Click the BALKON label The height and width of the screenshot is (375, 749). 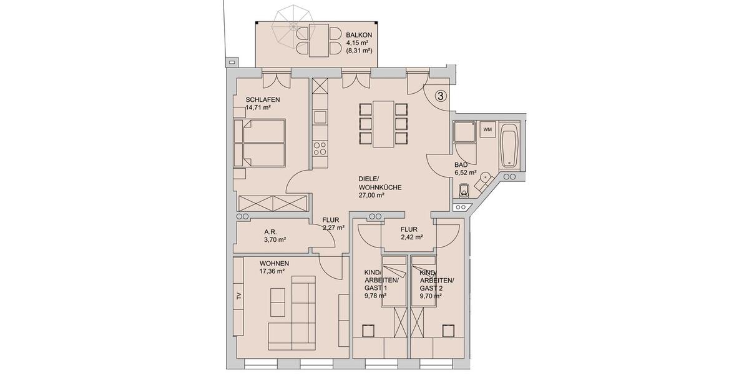point(360,36)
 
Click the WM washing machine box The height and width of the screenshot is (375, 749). point(486,129)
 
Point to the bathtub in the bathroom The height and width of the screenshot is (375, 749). point(509,146)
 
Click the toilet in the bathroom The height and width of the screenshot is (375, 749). point(463,189)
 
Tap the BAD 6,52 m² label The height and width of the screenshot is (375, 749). point(465,169)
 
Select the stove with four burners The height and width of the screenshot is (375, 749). point(320,149)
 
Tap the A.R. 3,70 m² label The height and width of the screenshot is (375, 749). point(272,236)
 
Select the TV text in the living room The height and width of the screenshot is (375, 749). point(238,296)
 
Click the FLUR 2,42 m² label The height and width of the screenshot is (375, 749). point(411,233)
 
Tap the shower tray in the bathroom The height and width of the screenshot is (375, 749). point(464,132)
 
